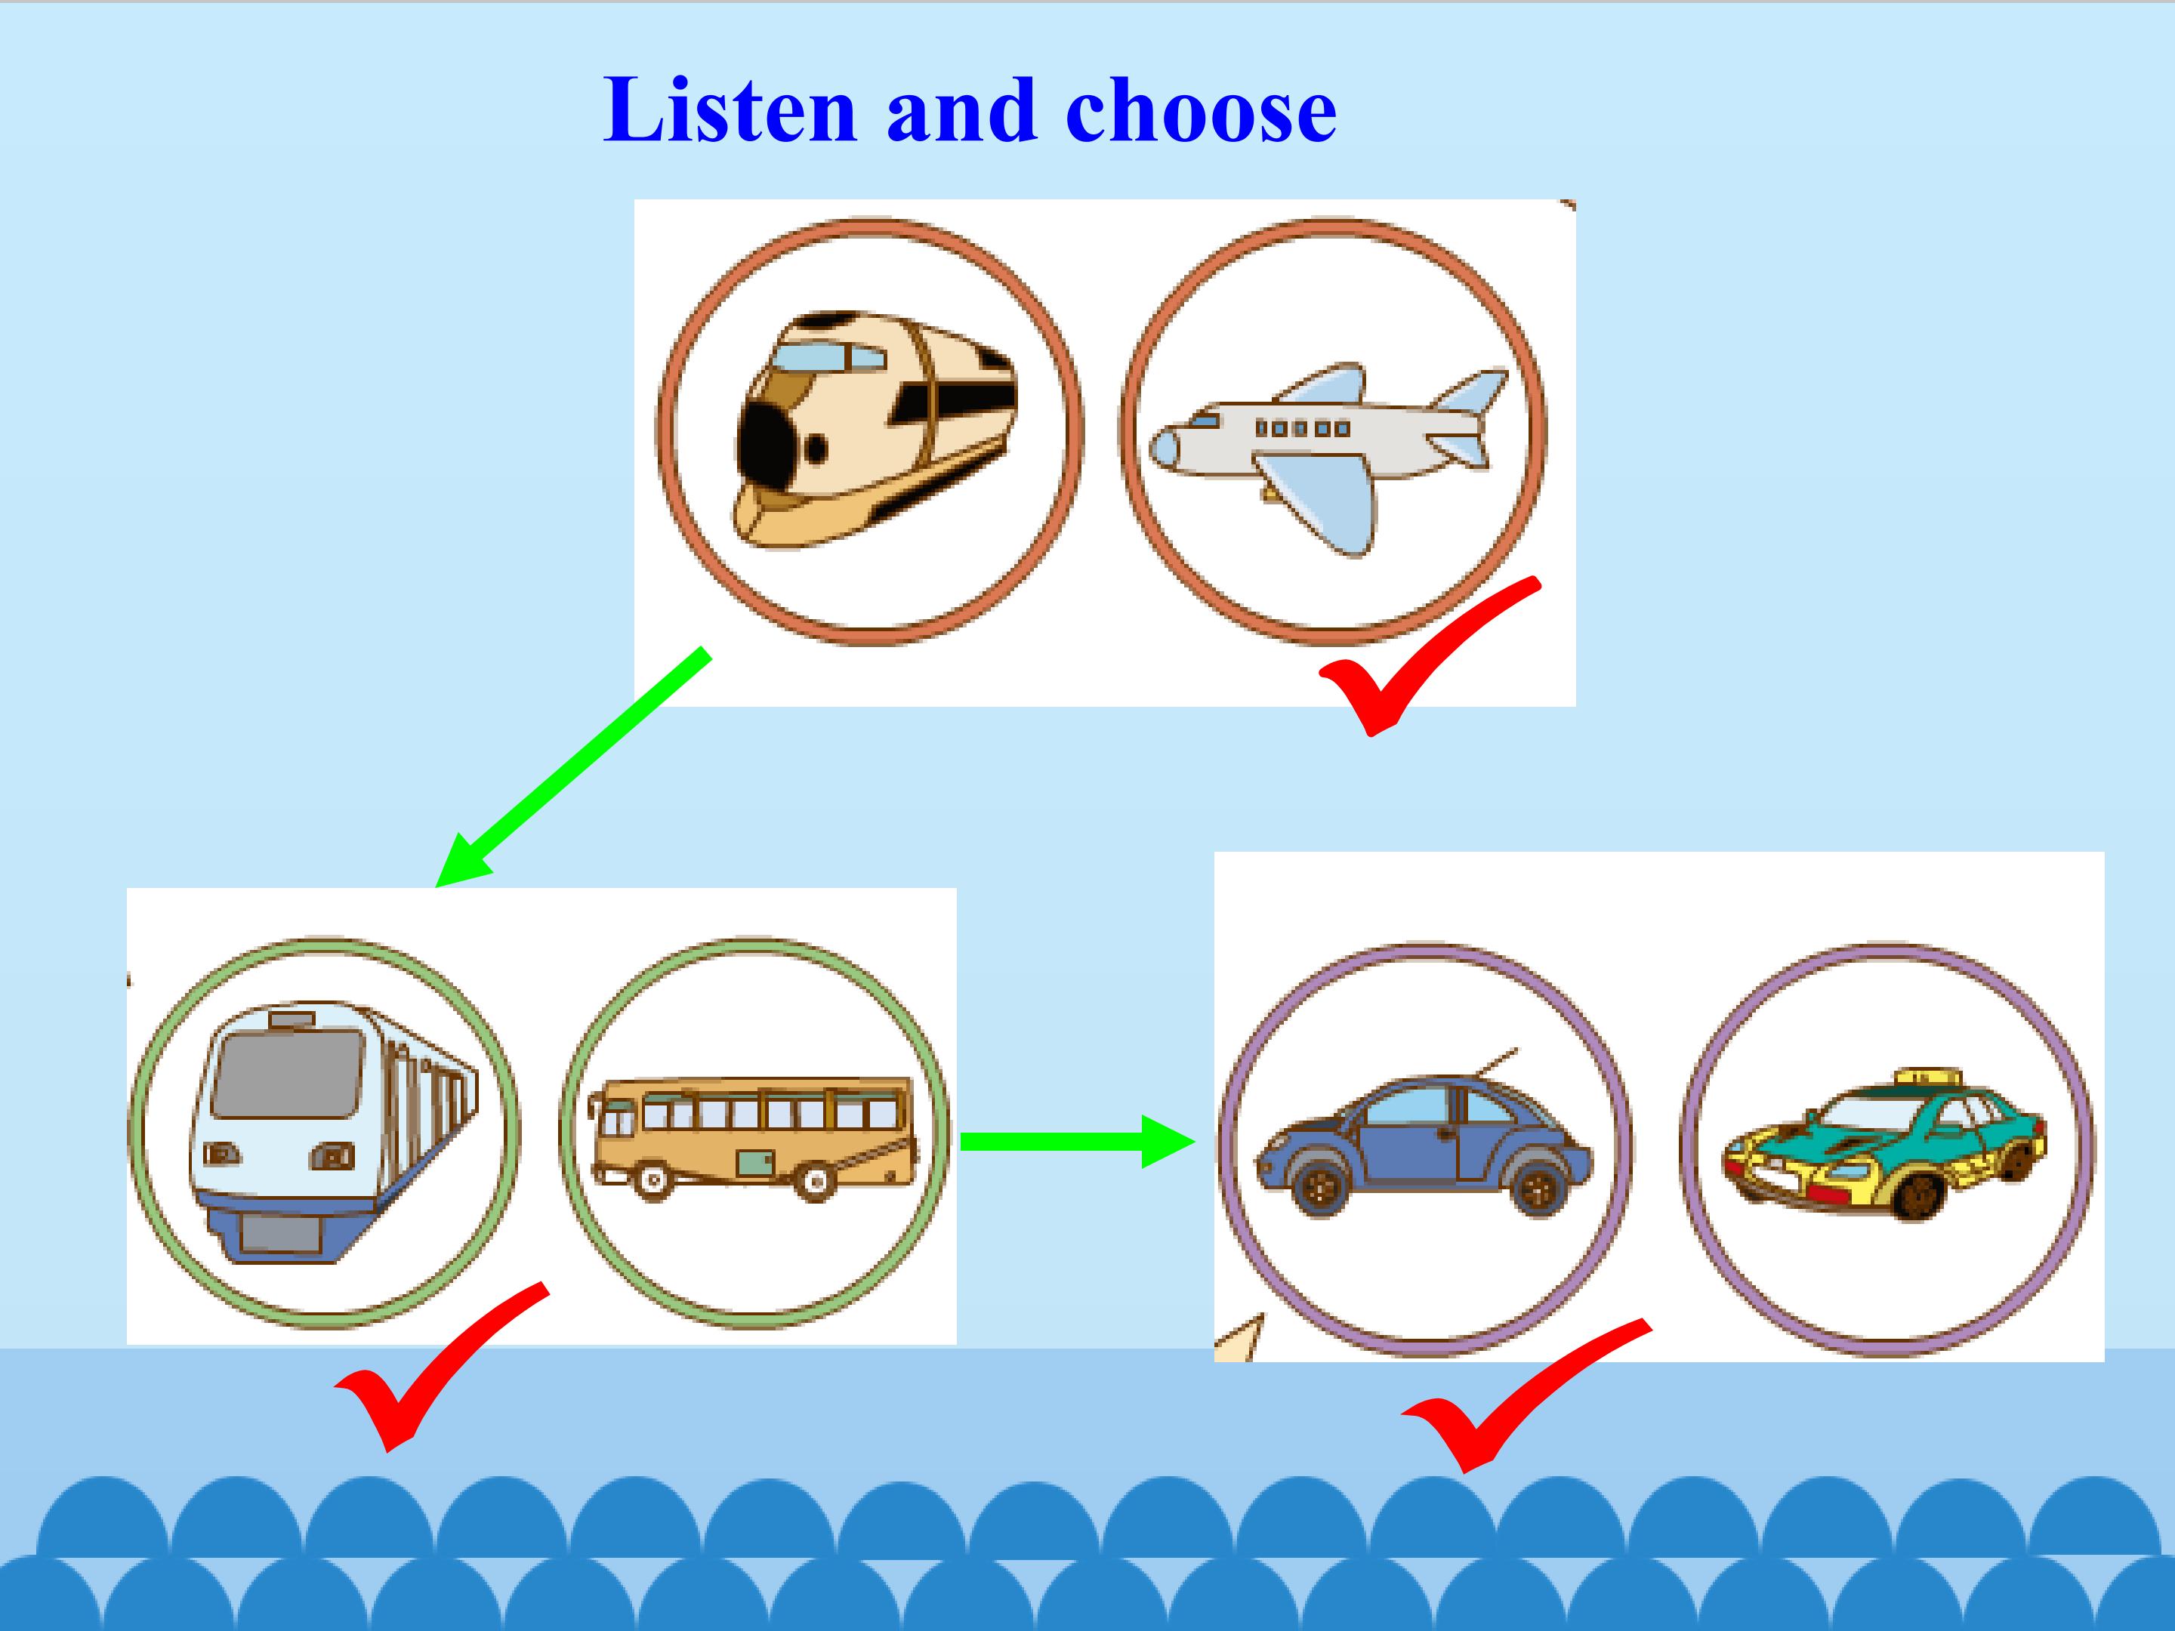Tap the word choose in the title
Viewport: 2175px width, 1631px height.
click(1201, 110)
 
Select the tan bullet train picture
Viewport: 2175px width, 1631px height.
click(876, 430)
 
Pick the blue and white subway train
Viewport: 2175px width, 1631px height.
click(335, 1133)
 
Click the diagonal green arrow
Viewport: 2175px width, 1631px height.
click(571, 767)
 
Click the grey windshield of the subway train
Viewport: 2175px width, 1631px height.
click(285, 1072)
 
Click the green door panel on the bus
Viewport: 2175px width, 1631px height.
click(756, 1164)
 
